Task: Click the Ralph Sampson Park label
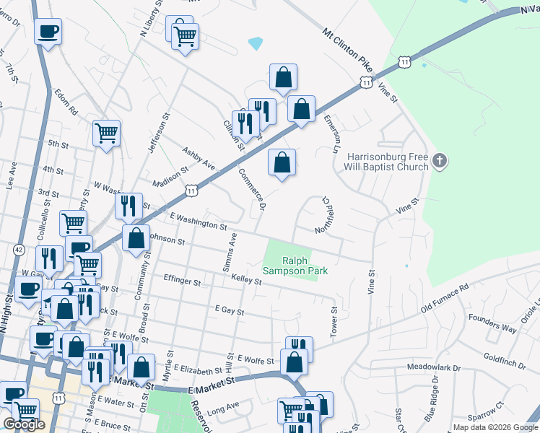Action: pyautogui.click(x=305, y=266)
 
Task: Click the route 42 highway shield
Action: pyautogui.click(x=18, y=249)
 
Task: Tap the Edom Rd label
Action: pyautogui.click(x=66, y=103)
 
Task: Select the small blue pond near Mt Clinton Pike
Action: pyautogui.click(x=255, y=43)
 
